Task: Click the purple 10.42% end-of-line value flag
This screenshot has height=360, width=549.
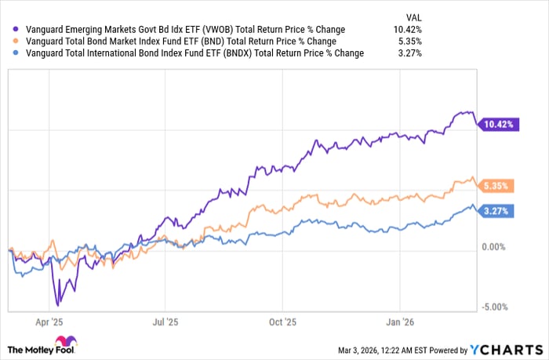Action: pyautogui.click(x=497, y=123)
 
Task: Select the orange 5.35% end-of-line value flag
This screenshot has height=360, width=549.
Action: pyautogui.click(x=497, y=187)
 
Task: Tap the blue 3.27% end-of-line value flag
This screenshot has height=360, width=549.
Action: pyautogui.click(x=497, y=212)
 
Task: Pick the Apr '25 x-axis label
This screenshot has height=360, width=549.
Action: pyautogui.click(x=50, y=322)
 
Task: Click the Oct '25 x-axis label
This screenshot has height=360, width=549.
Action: pyautogui.click(x=282, y=322)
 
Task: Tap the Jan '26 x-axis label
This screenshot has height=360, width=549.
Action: pyautogui.click(x=399, y=322)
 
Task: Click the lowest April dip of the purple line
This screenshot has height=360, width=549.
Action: pyautogui.click(x=57, y=305)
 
